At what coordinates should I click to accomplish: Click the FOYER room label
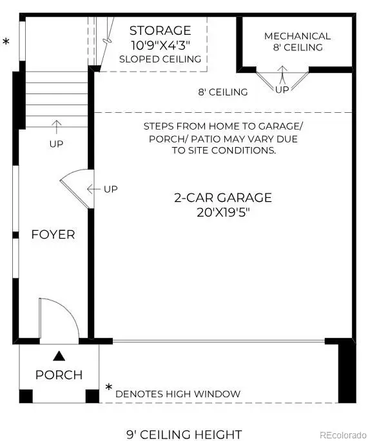[53, 235]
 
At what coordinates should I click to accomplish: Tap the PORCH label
[59, 375]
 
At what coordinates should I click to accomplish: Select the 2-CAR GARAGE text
[223, 198]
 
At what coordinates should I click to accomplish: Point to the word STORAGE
[160, 30]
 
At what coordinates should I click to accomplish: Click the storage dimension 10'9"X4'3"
[160, 45]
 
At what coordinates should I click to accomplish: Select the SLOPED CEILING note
[160, 59]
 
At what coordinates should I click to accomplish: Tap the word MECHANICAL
[297, 36]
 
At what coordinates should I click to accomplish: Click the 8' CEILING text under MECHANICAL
[297, 48]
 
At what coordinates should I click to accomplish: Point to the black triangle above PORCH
[59, 355]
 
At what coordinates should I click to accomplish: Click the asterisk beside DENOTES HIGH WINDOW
[109, 389]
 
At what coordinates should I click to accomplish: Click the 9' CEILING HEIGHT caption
[184, 434]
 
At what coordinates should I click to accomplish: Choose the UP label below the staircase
[56, 144]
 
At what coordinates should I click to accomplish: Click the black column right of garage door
[346, 370]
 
